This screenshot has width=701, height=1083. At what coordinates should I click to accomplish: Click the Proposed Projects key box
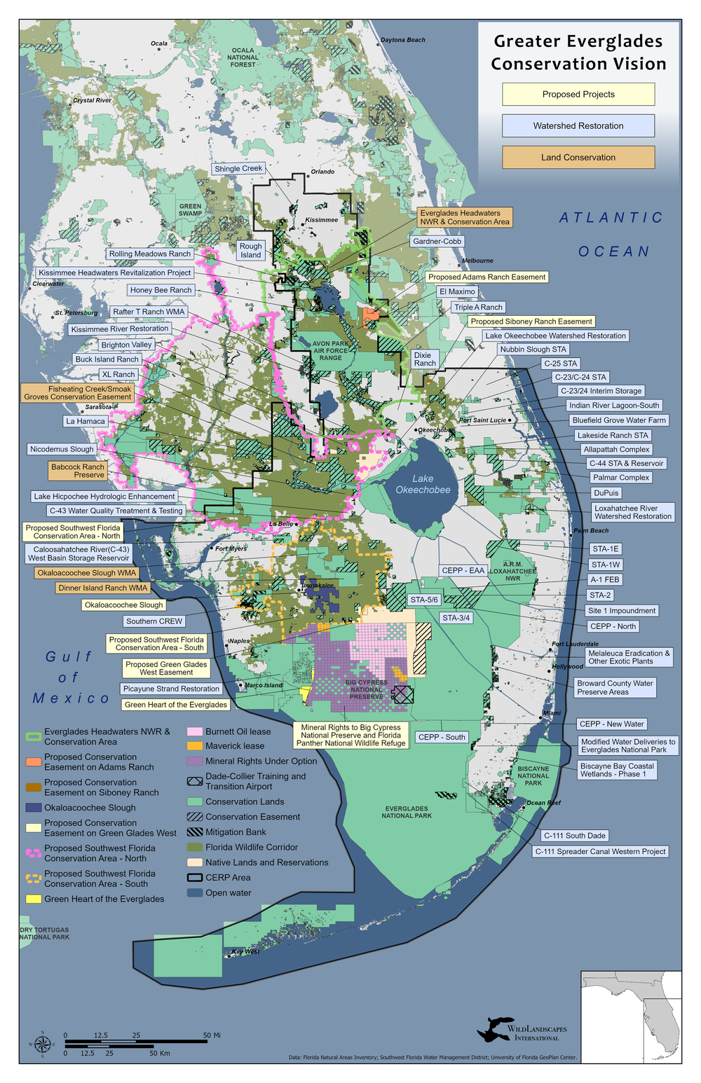578,94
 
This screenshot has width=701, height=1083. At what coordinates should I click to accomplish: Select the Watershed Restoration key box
578,125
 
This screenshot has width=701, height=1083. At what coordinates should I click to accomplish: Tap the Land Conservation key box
578,157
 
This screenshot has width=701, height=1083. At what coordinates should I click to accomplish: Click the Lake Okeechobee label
423,484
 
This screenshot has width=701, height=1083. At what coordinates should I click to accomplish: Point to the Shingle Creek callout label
238,168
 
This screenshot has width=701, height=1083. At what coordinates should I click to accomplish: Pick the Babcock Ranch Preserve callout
78,471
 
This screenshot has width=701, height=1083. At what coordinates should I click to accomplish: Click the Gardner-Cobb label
437,241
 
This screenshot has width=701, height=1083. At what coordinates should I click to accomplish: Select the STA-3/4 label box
456,618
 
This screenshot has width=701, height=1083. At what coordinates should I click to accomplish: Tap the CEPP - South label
442,737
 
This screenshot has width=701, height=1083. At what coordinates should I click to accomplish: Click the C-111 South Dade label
575,835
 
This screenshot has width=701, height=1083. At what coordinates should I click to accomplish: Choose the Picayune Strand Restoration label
171,689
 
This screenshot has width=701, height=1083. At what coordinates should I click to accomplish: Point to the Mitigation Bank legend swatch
195,832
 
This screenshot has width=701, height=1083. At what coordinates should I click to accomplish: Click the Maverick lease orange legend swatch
195,746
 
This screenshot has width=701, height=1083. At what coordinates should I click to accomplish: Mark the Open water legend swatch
195,893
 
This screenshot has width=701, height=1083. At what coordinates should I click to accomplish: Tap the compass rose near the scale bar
41,1044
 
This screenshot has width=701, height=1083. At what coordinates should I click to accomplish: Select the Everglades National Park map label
407,812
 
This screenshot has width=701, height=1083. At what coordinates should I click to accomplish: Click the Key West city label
245,951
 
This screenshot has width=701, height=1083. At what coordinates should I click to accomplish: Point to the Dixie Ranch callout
425,359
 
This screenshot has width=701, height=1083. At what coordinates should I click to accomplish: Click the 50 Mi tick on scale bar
212,1035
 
